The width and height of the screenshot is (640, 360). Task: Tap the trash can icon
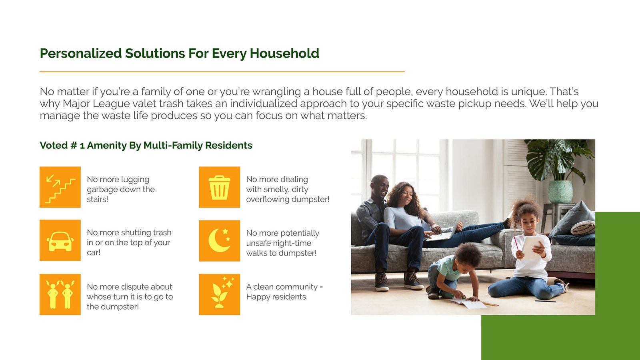(x=220, y=187)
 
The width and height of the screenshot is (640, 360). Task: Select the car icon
(x=60, y=240)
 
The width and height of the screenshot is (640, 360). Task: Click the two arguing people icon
(x=60, y=294)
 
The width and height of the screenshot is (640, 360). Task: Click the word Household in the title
(x=284, y=54)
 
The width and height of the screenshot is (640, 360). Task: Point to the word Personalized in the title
(x=81, y=54)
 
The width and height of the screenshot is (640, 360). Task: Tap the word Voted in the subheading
(x=54, y=146)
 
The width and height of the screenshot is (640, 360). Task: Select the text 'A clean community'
(x=282, y=286)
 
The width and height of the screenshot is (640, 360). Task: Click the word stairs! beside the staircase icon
(x=98, y=199)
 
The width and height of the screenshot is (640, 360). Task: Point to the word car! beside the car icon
(x=94, y=252)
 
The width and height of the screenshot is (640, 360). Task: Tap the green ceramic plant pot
(x=560, y=192)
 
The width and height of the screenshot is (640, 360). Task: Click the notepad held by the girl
(x=532, y=247)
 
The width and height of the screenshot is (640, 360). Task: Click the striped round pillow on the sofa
(x=583, y=228)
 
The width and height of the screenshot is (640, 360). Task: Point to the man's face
(x=381, y=188)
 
